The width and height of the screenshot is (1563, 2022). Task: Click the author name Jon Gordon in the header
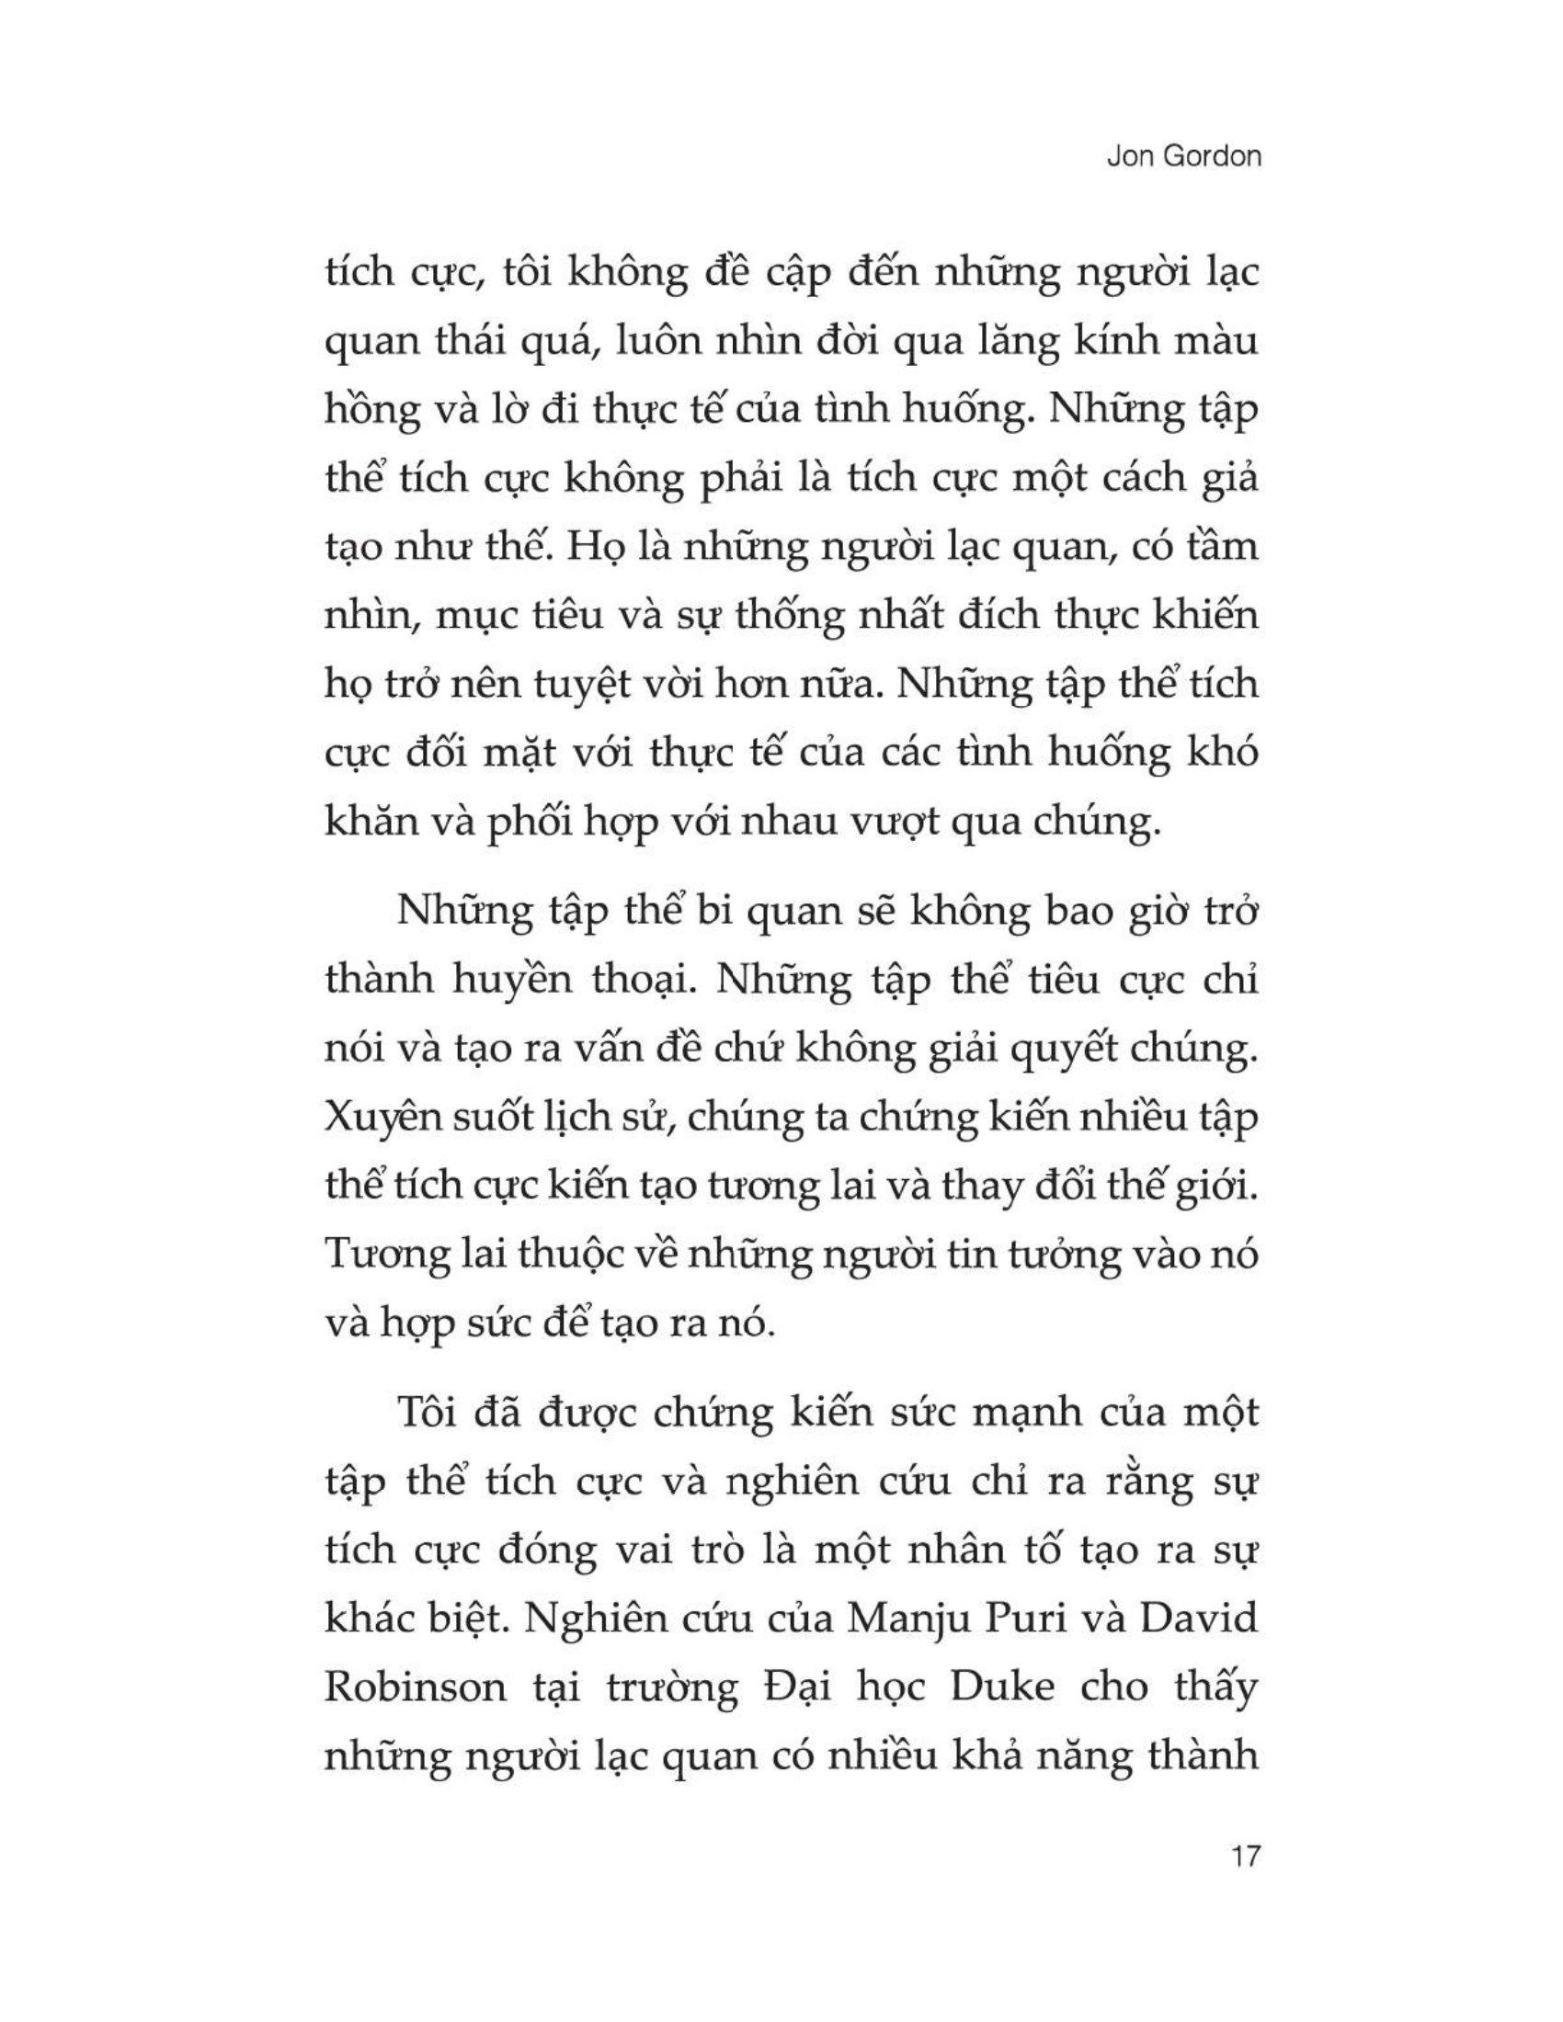[1183, 156]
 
